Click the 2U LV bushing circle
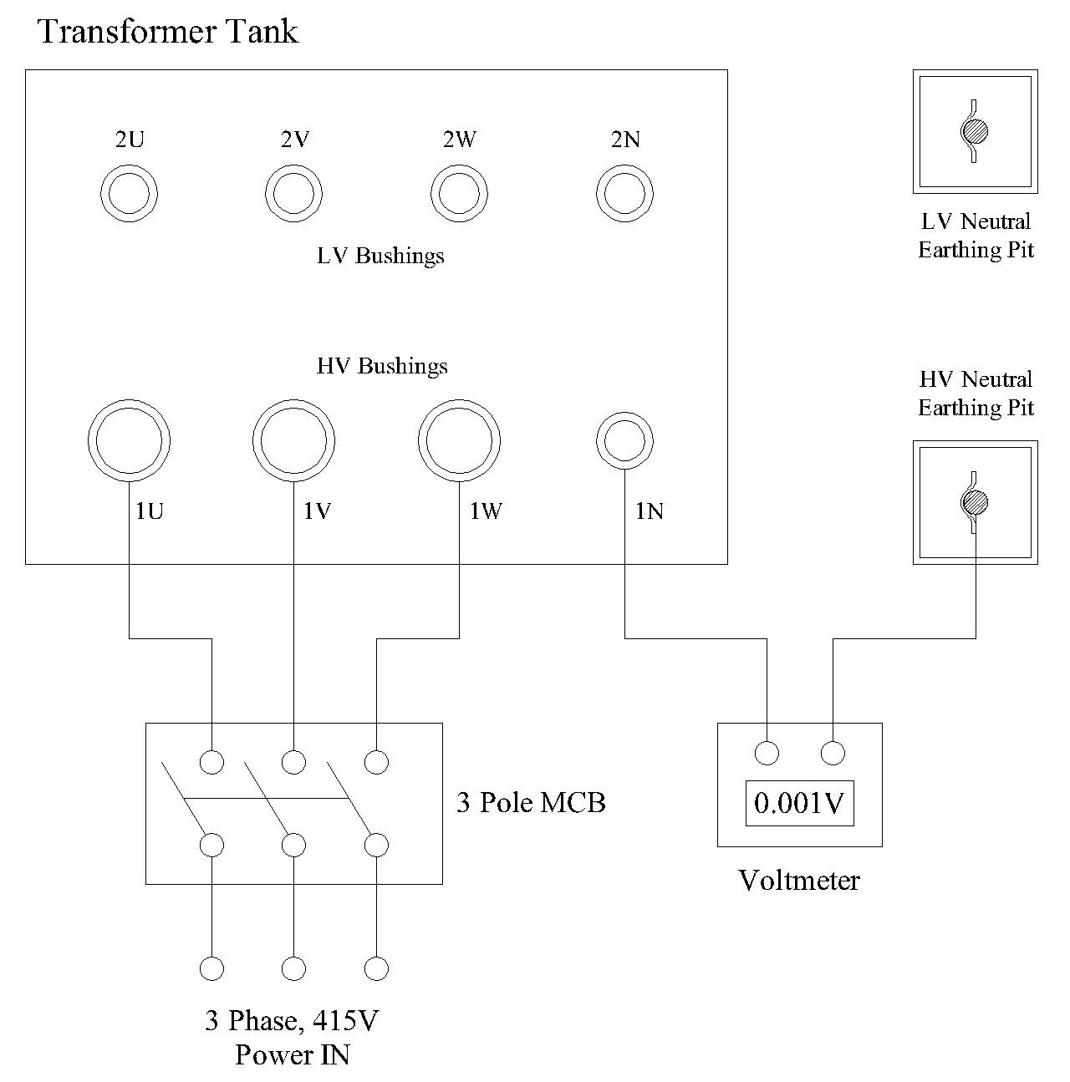(130, 194)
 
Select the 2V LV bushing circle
(294, 194)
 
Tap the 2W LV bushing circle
(460, 194)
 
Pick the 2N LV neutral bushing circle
(624, 194)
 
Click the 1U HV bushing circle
(130, 441)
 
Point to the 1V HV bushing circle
(294, 441)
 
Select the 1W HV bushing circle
(460, 441)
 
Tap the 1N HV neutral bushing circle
(624, 440)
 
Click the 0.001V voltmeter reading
(800, 803)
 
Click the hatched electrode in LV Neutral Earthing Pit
(974, 131)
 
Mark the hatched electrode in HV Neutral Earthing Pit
(975, 503)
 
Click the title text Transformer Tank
(168, 32)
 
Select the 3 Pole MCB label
(531, 802)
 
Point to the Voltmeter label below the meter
(799, 880)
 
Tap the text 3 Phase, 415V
(293, 1021)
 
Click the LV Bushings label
(380, 255)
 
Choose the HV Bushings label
(382, 366)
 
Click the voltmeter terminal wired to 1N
(767, 753)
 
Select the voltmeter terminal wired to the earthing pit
(833, 753)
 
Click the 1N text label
(650, 511)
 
